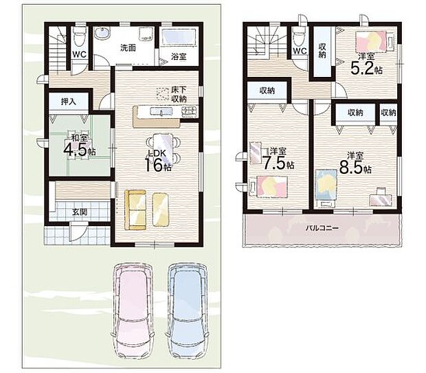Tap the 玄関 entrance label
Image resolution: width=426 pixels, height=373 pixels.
[79, 212]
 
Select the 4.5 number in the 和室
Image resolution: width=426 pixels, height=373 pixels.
[76, 150]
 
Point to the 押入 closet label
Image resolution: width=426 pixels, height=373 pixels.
[69, 102]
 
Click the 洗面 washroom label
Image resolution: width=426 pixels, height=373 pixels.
[128, 48]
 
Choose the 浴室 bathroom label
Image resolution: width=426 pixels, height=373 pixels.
[179, 56]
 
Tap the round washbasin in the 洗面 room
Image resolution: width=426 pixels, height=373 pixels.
[102, 34]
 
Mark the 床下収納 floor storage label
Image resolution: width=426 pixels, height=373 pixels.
[179, 94]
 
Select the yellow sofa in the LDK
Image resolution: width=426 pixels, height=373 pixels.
[135, 210]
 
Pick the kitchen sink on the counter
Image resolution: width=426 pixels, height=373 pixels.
[161, 112]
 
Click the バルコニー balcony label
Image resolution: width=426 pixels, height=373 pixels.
[322, 227]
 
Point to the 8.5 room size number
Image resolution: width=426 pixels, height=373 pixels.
[351, 168]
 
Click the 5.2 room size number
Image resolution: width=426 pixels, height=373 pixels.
[362, 68]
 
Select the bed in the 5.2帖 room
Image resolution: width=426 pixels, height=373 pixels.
[374, 41]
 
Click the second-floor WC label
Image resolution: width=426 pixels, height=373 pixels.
[300, 51]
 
